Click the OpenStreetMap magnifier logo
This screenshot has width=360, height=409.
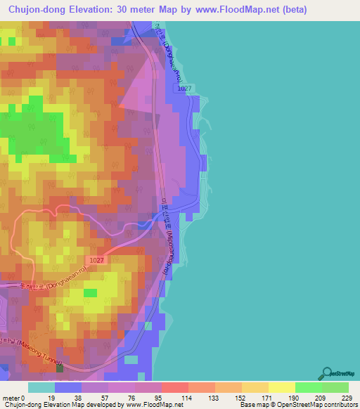coord(326,374)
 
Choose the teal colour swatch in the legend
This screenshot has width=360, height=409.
coord(41,387)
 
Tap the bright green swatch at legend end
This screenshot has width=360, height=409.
coord(335,387)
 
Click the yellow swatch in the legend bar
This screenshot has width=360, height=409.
coord(281,387)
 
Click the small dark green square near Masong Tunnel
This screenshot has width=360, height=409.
coord(60,368)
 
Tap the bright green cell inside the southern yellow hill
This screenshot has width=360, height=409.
coord(91,292)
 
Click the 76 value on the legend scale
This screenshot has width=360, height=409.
coord(132,398)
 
